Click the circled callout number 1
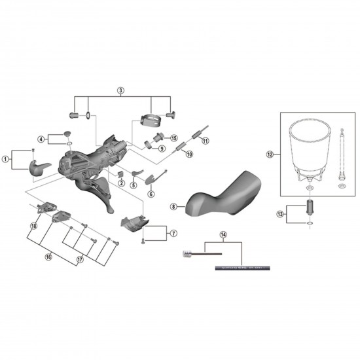click(6, 158)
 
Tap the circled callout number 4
click(41, 139)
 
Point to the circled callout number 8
click(173, 206)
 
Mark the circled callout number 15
click(174, 138)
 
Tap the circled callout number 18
click(33, 226)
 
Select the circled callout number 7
click(173, 233)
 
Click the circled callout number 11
click(204, 141)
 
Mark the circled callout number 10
click(189, 154)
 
